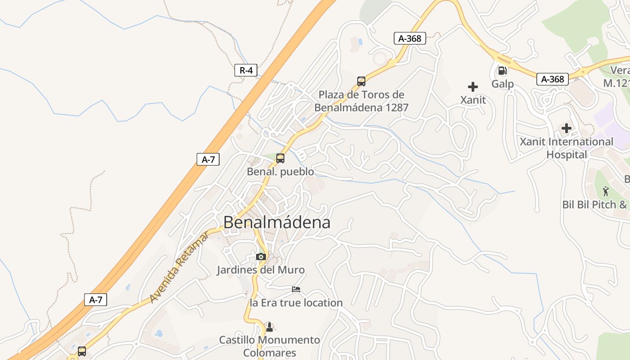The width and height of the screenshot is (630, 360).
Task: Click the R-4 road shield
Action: click(x=246, y=70)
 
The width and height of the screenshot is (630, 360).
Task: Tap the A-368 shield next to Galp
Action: click(x=553, y=79)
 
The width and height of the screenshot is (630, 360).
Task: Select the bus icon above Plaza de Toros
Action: click(x=361, y=81)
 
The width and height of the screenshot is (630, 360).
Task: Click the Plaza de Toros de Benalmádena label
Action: click(x=361, y=101)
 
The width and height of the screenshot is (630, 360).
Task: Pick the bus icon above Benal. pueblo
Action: click(x=280, y=158)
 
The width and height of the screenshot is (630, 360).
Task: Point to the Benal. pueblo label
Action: click(x=280, y=171)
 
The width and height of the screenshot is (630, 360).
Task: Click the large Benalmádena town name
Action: click(x=277, y=222)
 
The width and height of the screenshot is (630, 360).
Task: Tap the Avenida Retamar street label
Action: click(x=179, y=267)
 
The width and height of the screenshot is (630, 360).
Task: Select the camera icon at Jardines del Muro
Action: click(x=261, y=256)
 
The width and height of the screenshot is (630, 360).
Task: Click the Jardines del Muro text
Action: click(x=261, y=270)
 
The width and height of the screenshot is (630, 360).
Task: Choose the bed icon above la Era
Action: click(x=296, y=289)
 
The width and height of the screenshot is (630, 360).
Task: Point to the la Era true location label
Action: click(x=296, y=303)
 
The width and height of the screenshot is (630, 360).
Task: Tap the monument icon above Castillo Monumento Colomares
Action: click(x=269, y=327)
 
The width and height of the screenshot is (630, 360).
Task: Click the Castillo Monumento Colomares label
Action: click(x=269, y=346)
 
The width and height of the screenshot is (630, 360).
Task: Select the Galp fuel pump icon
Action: click(x=502, y=71)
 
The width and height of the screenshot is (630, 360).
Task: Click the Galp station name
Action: click(x=502, y=84)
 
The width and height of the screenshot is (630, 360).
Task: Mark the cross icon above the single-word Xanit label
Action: click(x=473, y=86)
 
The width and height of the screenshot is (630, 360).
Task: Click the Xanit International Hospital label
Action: click(x=567, y=148)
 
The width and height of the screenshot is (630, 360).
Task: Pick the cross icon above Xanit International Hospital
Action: click(x=567, y=128)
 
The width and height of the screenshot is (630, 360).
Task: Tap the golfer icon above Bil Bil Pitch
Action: click(x=605, y=191)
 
